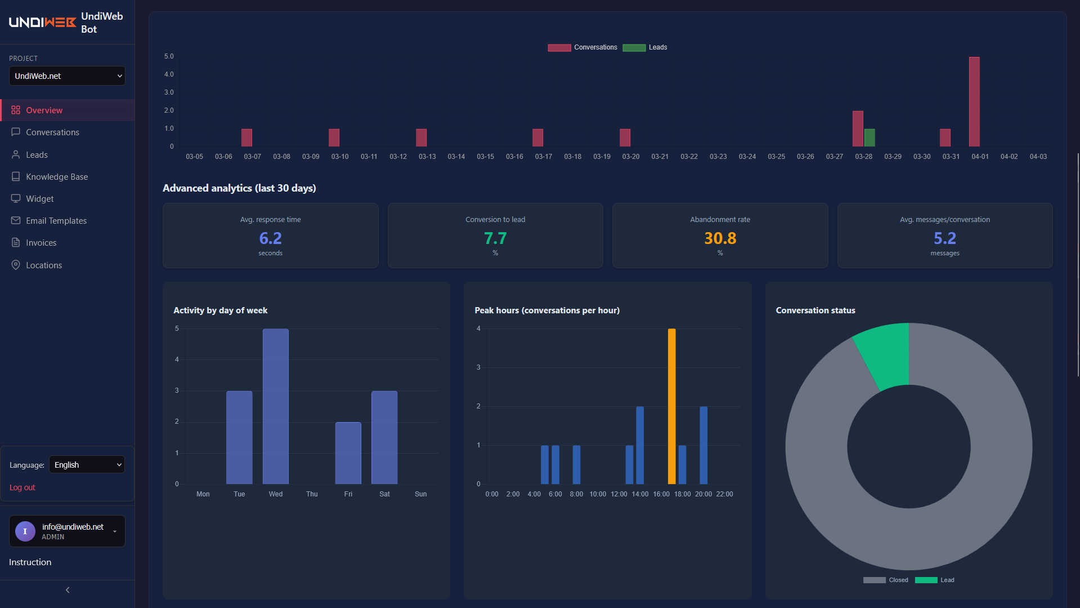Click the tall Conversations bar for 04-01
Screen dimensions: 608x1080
click(x=974, y=101)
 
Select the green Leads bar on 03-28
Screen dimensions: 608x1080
click(x=870, y=137)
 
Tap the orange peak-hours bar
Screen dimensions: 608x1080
click(x=671, y=406)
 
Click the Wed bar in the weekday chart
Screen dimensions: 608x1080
click(x=275, y=406)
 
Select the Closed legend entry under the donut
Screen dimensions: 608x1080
click(x=886, y=580)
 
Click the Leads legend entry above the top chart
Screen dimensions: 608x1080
click(x=646, y=47)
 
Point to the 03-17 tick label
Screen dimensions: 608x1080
click(x=543, y=157)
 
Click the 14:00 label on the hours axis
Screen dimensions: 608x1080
click(x=640, y=494)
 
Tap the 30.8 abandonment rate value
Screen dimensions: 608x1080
click(x=720, y=238)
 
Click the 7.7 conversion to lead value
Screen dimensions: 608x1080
click(x=495, y=238)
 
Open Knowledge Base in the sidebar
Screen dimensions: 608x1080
click(x=57, y=177)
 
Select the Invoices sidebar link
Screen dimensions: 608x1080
click(x=41, y=243)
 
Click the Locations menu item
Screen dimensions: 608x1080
click(x=44, y=265)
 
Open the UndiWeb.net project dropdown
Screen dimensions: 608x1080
click(x=67, y=76)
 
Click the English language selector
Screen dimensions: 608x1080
click(x=87, y=465)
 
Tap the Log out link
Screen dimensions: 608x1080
click(x=23, y=487)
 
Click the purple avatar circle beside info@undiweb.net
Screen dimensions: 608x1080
click(x=25, y=531)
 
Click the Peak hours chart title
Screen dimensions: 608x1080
click(x=546, y=310)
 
